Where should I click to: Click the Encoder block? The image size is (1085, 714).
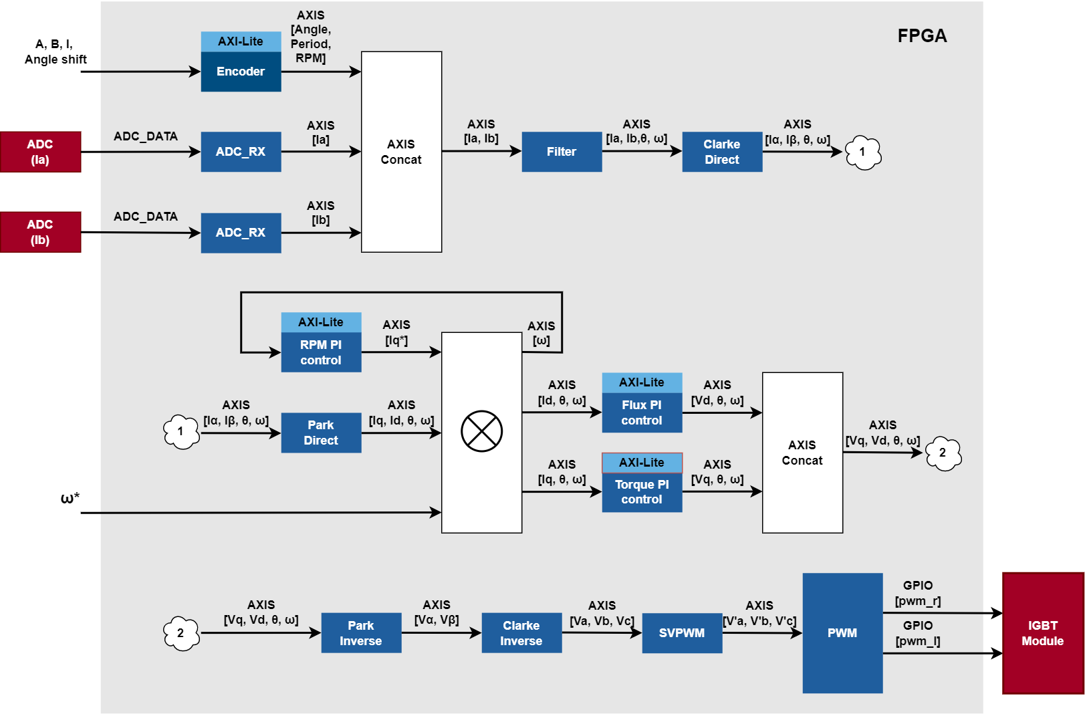click(241, 72)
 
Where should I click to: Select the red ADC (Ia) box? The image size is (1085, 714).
click(40, 152)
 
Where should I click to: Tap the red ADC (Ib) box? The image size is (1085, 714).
click(40, 232)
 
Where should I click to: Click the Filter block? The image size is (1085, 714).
click(562, 152)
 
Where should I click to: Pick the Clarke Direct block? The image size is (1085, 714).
click(722, 152)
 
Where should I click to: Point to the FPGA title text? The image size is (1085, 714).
click(922, 36)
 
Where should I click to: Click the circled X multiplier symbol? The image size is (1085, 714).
click(481, 431)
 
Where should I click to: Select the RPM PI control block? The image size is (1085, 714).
click(321, 352)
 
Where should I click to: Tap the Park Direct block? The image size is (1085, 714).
click(321, 433)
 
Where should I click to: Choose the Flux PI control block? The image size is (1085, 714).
click(642, 412)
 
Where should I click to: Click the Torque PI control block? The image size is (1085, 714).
click(642, 492)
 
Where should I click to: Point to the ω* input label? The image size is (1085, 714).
click(70, 498)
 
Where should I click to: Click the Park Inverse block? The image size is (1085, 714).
click(361, 633)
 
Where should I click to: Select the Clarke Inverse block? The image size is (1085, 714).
click(521, 633)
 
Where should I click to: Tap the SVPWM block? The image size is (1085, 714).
click(682, 633)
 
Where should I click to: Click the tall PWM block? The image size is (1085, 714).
click(842, 633)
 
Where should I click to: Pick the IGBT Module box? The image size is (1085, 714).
click(1043, 633)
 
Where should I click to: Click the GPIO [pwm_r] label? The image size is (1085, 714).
click(918, 594)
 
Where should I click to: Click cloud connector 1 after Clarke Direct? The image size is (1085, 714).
click(863, 152)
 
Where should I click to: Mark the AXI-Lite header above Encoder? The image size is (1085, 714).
click(241, 41)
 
